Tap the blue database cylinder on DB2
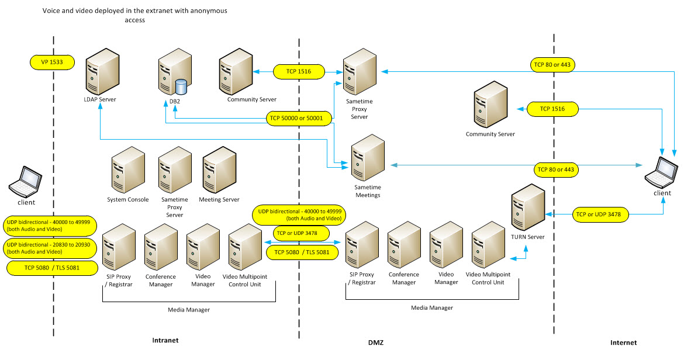click(181, 87)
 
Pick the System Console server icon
click(128, 171)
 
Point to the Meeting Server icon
click(219, 171)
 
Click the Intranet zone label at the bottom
click(165, 340)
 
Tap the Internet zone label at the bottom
click(623, 342)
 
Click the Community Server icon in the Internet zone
click(491, 106)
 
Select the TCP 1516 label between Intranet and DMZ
click(300, 71)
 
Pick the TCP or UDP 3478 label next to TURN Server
click(602, 214)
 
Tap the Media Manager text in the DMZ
click(431, 307)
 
